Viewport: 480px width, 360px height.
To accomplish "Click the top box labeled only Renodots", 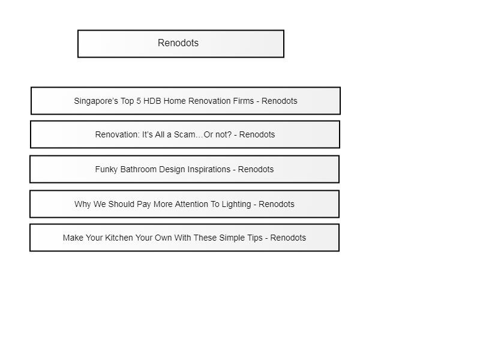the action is click(181, 44).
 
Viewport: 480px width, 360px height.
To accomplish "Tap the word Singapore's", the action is click(96, 101).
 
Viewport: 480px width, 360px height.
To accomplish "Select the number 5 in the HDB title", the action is click(139, 101).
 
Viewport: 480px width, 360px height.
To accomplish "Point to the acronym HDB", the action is click(152, 101).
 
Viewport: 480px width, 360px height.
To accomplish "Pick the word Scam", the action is click(184, 134).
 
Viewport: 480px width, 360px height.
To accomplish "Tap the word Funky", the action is click(106, 170).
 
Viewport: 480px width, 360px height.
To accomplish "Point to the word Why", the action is click(82, 205).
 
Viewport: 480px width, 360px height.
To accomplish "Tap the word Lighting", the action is click(236, 205).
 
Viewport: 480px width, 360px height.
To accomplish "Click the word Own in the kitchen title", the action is click(163, 238).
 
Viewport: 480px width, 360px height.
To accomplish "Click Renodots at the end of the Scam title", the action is click(257, 134).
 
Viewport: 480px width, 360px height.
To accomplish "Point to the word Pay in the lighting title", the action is click(143, 205).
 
